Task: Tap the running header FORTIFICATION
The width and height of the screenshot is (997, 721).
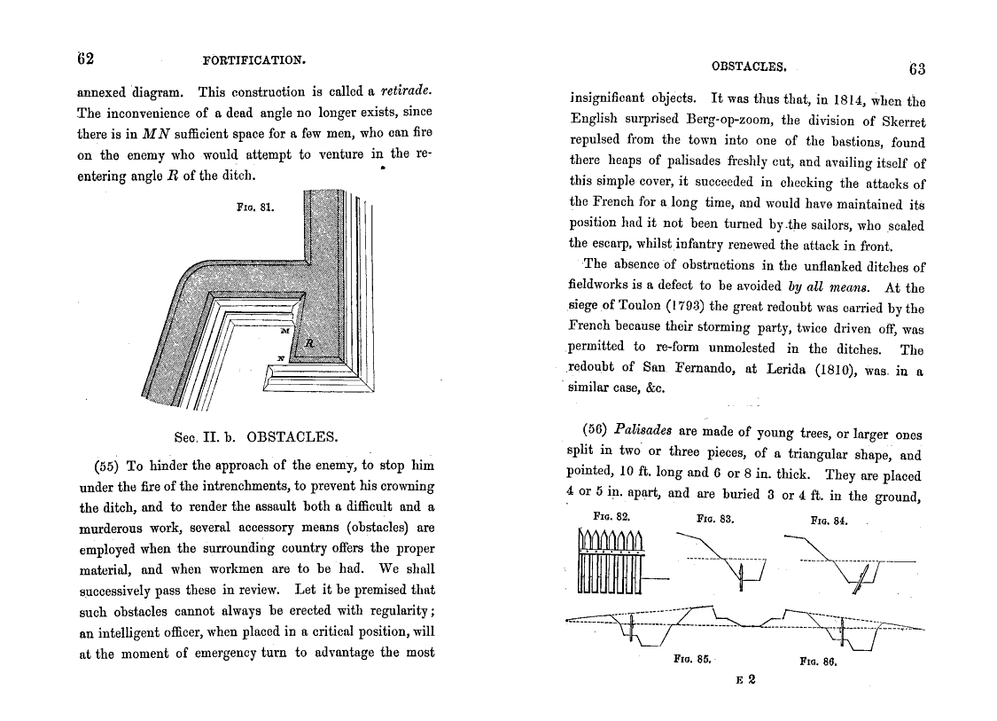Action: [x=253, y=60]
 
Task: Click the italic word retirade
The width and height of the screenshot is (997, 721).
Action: [x=405, y=90]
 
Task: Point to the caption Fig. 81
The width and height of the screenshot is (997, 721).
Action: [x=255, y=208]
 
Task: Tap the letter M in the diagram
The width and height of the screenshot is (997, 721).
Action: [x=284, y=330]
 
